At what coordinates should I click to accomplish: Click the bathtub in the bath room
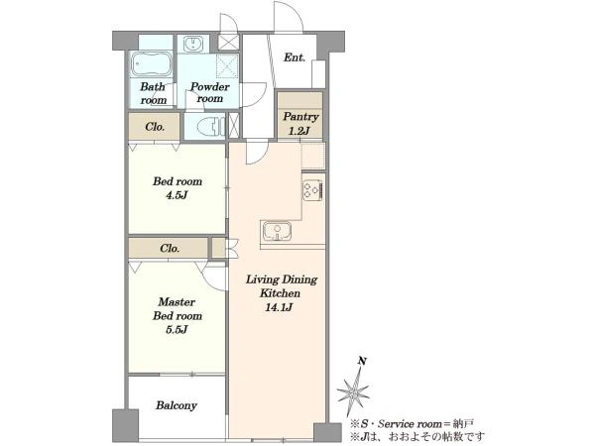click(152, 63)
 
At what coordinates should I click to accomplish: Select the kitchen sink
click(277, 231)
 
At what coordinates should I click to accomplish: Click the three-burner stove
click(312, 190)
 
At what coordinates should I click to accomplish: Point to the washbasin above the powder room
click(193, 44)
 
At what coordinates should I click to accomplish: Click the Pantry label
click(300, 117)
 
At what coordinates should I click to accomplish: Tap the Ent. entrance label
click(295, 57)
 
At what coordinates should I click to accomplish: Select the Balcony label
click(177, 405)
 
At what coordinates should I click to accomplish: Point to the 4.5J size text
click(178, 195)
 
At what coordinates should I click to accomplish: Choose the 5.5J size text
click(178, 330)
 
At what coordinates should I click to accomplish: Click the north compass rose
click(353, 391)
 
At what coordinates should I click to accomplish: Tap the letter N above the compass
click(362, 361)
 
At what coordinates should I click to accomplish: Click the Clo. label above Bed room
click(155, 127)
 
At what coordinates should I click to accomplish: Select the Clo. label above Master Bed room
click(170, 249)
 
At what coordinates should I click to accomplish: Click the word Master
click(177, 302)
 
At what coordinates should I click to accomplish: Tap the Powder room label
click(210, 92)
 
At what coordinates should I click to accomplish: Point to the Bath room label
click(153, 93)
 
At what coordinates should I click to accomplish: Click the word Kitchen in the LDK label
click(280, 293)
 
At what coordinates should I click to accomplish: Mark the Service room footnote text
click(413, 423)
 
